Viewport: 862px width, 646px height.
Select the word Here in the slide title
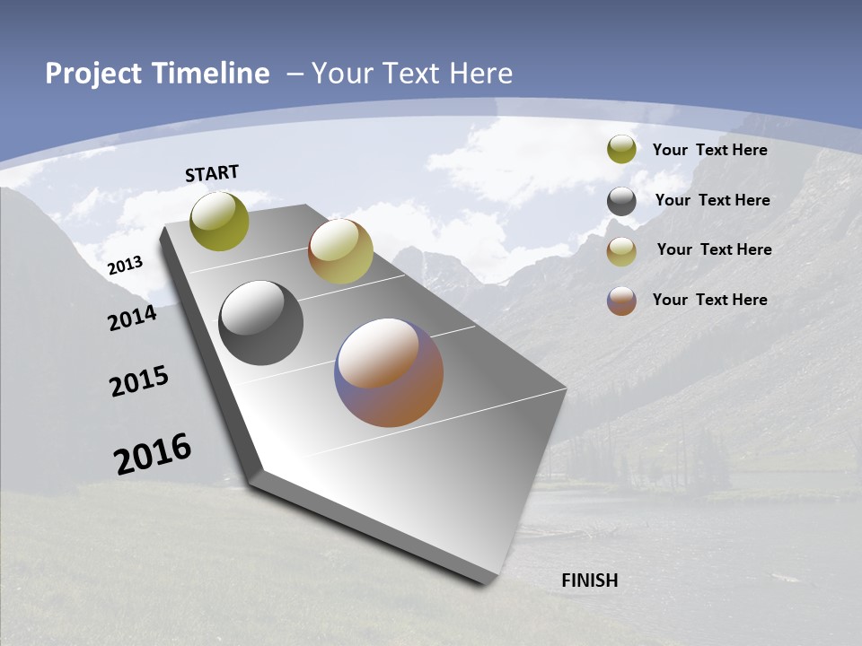(x=480, y=74)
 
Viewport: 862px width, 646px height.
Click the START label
(x=212, y=173)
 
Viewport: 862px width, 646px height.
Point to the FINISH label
(x=590, y=581)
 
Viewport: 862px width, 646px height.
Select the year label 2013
(x=126, y=265)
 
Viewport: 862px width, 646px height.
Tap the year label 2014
(x=133, y=318)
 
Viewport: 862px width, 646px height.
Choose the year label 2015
(x=139, y=382)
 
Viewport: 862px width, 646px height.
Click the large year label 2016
(x=153, y=453)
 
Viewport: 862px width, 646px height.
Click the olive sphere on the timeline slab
(x=220, y=221)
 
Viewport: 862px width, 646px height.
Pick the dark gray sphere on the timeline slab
(x=261, y=323)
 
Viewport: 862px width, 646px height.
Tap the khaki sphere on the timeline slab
(x=340, y=251)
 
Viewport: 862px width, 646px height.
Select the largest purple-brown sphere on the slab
(x=390, y=372)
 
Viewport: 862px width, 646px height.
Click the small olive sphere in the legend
(x=621, y=149)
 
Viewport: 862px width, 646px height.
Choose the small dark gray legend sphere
(x=621, y=202)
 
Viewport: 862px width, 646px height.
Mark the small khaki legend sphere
(x=621, y=251)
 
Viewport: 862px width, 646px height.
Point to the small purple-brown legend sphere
(x=621, y=301)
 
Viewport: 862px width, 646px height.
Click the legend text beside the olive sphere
(x=710, y=150)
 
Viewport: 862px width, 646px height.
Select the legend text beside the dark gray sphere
(x=713, y=200)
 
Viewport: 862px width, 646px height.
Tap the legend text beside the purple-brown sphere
(x=710, y=300)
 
